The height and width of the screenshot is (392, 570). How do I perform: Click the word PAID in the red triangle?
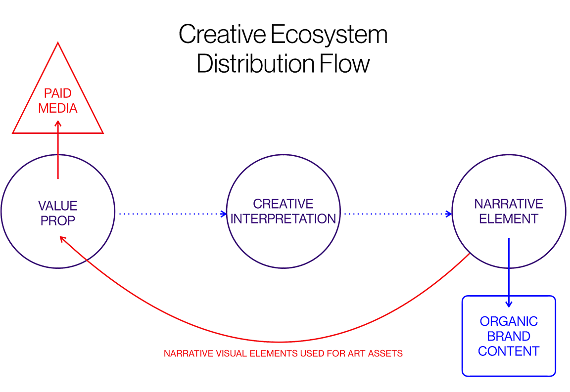tap(58, 93)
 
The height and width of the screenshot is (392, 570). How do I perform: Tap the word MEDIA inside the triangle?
tap(58, 108)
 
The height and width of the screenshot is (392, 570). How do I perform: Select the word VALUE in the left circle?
tap(58, 206)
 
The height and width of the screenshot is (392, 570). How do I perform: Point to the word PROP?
tap(58, 220)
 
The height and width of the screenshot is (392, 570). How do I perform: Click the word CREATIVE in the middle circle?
tap(283, 204)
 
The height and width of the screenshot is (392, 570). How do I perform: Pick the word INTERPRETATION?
tap(283, 219)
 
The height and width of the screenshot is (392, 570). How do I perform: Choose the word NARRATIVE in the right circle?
tap(509, 204)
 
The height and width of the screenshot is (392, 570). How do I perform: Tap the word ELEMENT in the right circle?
tap(509, 219)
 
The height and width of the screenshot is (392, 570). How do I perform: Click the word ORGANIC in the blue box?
tap(509, 321)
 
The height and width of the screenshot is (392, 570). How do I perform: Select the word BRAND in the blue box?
tap(509, 337)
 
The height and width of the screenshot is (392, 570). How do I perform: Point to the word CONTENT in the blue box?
tap(509, 351)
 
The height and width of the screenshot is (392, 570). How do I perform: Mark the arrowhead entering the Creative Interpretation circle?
tap(223, 214)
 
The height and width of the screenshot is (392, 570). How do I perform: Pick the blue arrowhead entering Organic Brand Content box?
tap(508, 304)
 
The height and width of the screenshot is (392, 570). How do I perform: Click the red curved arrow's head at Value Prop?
tap(63, 239)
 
